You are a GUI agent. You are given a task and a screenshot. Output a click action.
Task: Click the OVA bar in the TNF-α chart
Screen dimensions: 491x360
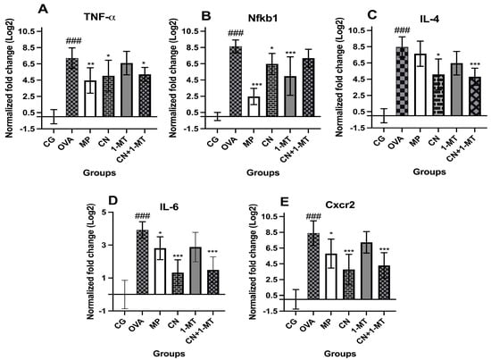click(x=72, y=88)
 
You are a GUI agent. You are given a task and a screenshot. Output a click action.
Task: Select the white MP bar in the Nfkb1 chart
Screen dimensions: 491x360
click(x=254, y=107)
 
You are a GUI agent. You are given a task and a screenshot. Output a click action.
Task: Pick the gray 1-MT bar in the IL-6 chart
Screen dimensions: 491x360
click(x=196, y=271)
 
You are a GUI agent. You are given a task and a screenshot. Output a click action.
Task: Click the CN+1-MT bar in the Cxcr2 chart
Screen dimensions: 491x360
click(x=384, y=282)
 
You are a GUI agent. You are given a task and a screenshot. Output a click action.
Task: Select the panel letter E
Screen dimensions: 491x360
click(x=284, y=202)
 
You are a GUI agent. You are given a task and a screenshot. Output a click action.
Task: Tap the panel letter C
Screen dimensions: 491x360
click(x=371, y=14)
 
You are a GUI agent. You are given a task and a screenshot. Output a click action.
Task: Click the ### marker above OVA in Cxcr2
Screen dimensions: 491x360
click(x=313, y=216)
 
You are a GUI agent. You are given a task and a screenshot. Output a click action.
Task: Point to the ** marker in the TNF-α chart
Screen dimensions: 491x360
click(x=90, y=64)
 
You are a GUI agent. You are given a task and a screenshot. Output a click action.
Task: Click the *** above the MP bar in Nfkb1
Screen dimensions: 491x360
click(x=257, y=85)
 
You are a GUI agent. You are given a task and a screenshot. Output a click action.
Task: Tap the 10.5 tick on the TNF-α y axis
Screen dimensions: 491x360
click(x=28, y=31)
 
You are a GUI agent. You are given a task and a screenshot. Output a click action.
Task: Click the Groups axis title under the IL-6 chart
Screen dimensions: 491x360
click(x=169, y=354)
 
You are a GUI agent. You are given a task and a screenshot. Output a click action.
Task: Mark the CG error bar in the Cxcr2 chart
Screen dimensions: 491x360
click(x=295, y=299)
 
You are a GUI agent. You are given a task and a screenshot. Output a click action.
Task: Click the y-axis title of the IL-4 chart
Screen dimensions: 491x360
click(x=339, y=77)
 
